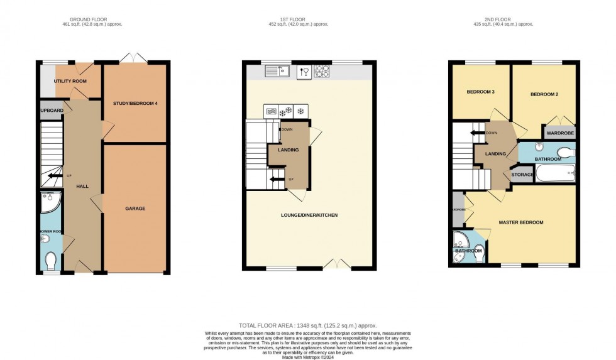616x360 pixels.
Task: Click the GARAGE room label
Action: (136, 208)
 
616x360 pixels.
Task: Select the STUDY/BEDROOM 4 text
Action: (135, 103)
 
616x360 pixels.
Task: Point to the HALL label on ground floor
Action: (82, 187)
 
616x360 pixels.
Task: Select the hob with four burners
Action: (322, 72)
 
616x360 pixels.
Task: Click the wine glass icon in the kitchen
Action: (305, 72)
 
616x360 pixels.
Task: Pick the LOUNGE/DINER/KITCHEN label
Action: (309, 215)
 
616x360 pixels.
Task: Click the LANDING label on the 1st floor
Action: (288, 150)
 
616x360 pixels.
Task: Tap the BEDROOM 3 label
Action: (481, 92)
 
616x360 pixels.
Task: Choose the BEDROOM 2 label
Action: (544, 95)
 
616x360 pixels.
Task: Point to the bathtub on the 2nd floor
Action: (555, 173)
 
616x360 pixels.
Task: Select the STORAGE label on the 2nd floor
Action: (522, 174)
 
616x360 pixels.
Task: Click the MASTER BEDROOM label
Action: (521, 222)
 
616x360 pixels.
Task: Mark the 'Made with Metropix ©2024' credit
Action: (308, 356)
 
